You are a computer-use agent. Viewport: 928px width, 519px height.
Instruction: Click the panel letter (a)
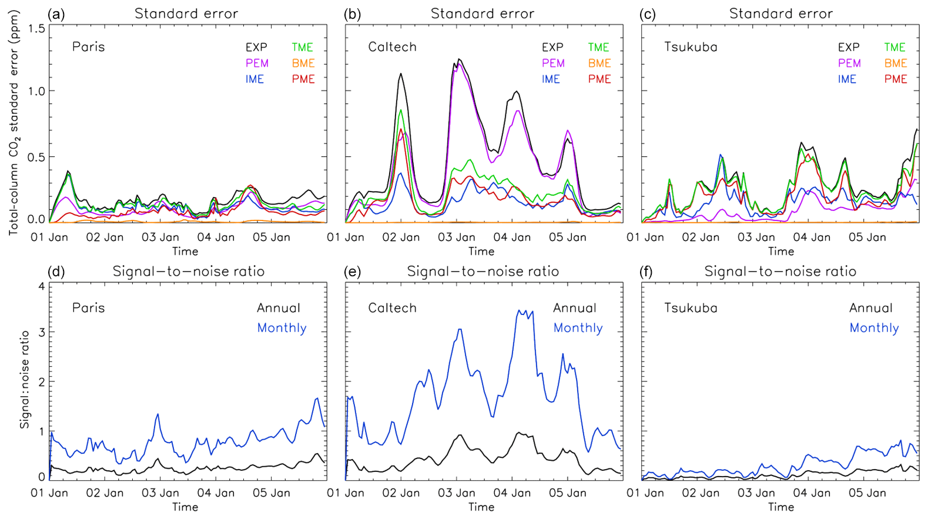coord(56,14)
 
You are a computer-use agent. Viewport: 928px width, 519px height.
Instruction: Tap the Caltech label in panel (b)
coord(392,47)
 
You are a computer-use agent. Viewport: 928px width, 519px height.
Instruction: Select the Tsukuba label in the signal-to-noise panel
coord(691,308)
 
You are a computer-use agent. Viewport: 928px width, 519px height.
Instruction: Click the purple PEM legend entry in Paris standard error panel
coord(257,63)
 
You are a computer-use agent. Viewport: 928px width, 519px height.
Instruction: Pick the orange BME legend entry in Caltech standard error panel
coord(599,63)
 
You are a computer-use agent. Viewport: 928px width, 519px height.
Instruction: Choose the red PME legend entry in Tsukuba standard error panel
coord(896,79)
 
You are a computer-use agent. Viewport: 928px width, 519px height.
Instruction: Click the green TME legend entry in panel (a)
coord(303,48)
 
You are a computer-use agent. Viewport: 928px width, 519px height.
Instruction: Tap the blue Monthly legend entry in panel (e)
coord(578,328)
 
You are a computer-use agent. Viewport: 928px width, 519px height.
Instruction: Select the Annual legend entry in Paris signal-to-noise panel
coord(279,308)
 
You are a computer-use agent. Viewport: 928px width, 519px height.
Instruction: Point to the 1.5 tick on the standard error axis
coord(36,29)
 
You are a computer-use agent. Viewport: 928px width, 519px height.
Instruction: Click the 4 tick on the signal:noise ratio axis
coord(41,287)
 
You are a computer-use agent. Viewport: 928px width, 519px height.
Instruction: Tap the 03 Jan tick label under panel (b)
coord(457,237)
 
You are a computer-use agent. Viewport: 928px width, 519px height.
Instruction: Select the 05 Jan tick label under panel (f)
coord(867,493)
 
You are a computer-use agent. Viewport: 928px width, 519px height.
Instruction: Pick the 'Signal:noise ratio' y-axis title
coord(25,380)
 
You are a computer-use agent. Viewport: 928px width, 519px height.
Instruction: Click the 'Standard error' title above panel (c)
coord(780,14)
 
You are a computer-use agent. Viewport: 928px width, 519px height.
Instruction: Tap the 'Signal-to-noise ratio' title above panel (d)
coord(188,272)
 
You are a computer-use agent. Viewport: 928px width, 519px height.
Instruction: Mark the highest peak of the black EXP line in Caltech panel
coord(459,59)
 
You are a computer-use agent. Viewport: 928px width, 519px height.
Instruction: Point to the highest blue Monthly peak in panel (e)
coord(519,310)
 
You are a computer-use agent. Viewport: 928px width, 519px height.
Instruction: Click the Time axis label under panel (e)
coord(481,507)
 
